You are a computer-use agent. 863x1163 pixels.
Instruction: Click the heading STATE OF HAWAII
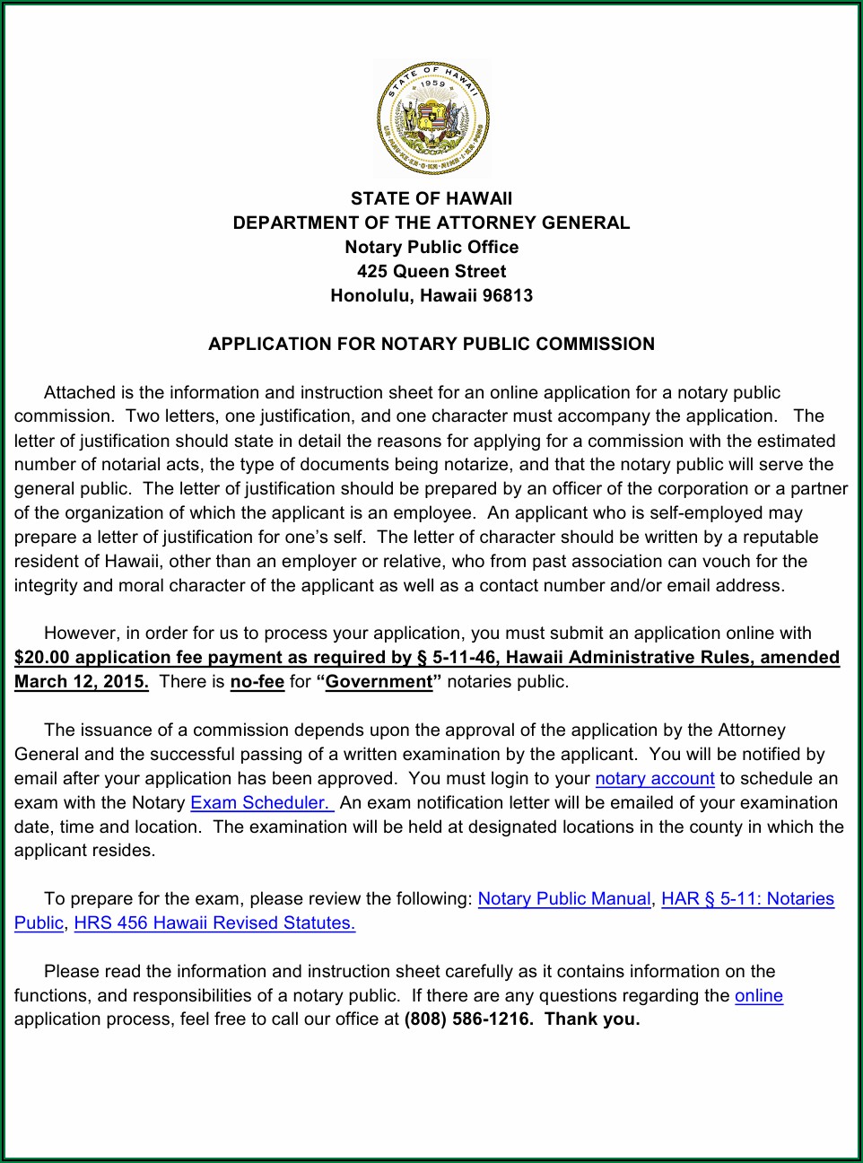point(431,198)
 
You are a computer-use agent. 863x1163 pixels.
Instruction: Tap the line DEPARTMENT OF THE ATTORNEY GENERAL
point(431,223)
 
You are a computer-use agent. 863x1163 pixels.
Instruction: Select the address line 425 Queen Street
point(431,271)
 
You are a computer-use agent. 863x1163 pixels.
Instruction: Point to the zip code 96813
point(507,295)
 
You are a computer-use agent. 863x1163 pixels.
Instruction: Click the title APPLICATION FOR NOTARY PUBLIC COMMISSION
point(431,344)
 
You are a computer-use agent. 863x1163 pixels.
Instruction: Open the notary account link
point(655,779)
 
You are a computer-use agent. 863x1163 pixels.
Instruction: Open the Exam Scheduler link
point(261,803)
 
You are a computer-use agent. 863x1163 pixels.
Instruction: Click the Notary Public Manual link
point(564,899)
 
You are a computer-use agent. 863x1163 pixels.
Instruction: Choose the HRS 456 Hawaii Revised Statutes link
point(214,923)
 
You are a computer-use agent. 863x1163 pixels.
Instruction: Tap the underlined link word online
point(759,996)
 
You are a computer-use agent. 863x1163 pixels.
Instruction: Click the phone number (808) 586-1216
point(467,1019)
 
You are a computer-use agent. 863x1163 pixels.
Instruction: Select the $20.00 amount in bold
point(41,658)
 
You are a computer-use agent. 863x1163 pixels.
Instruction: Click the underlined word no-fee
point(257,682)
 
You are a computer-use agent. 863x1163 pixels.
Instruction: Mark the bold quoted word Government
point(379,682)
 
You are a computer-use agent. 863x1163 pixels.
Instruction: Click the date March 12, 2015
point(82,682)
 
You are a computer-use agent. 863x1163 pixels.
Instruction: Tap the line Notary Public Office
point(431,247)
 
